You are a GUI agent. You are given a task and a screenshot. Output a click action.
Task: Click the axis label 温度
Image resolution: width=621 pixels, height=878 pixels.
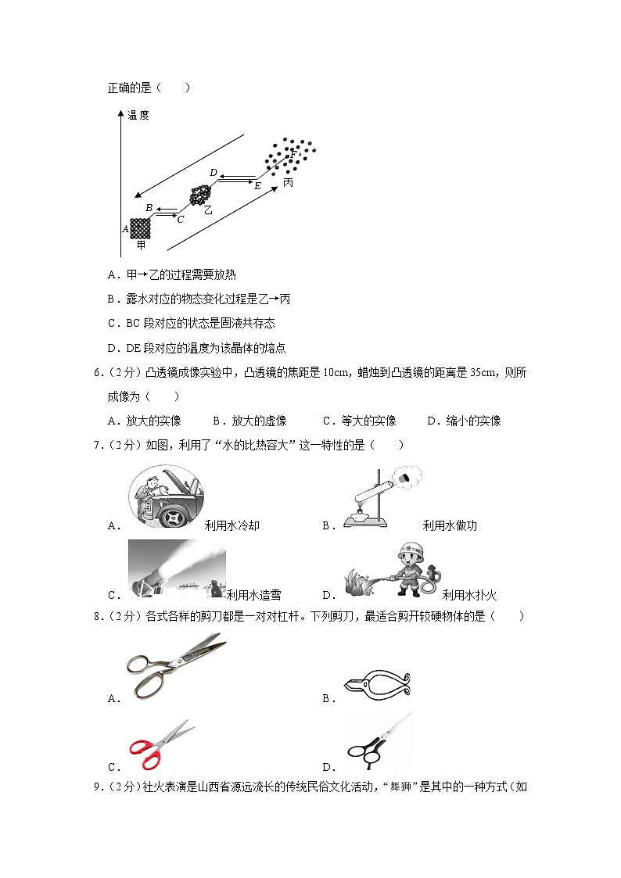click(x=138, y=115)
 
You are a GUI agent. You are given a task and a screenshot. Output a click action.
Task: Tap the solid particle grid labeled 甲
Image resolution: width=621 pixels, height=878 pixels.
click(x=140, y=228)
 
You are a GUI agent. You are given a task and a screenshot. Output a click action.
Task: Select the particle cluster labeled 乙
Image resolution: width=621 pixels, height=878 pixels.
click(x=202, y=195)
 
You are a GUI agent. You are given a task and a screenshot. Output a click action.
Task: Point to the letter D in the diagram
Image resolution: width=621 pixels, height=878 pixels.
click(x=213, y=172)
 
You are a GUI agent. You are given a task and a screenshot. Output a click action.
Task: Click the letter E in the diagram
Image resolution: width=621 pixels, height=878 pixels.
click(x=257, y=186)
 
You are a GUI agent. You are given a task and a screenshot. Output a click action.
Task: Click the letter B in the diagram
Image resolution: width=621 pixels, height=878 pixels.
click(x=149, y=207)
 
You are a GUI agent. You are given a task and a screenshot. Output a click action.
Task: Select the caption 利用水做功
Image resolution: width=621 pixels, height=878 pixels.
click(x=450, y=525)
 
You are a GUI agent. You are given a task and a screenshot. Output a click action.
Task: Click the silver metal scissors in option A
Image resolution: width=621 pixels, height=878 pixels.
click(x=174, y=665)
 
